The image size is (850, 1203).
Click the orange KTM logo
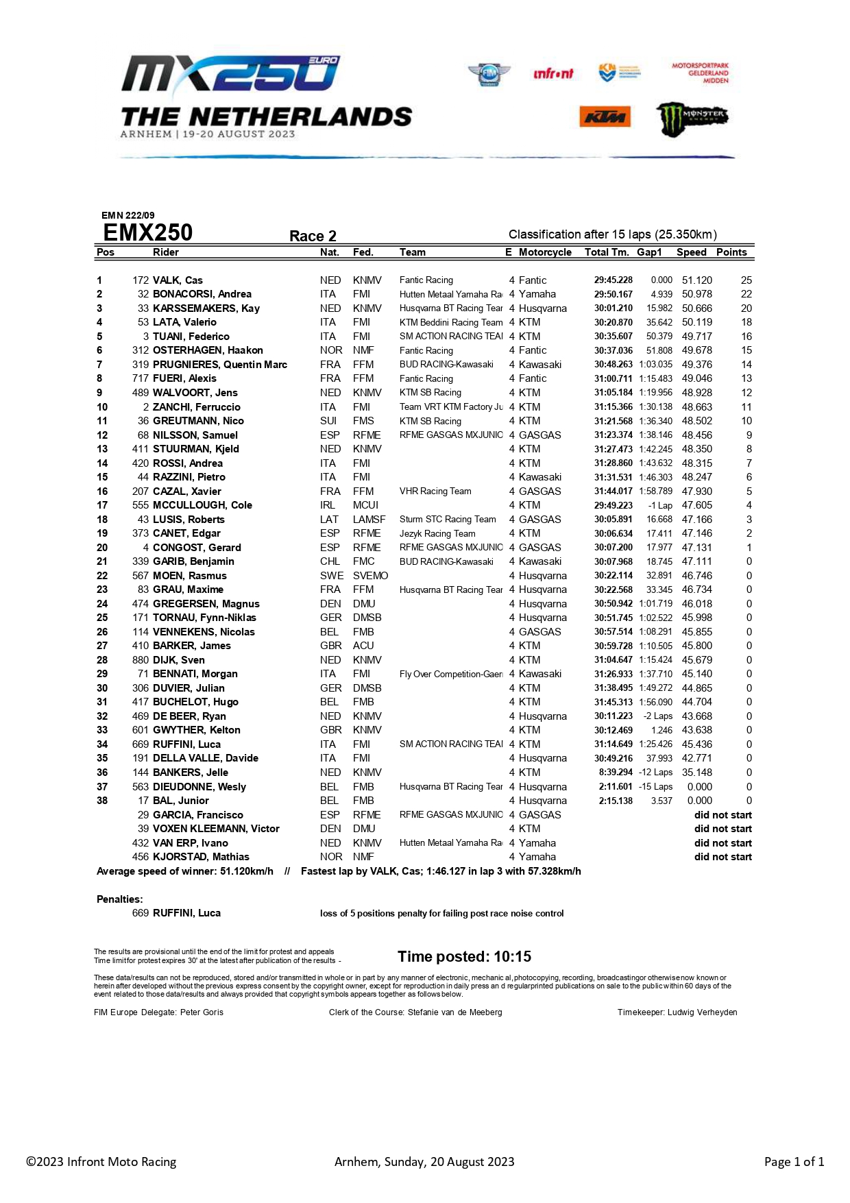tap(605, 117)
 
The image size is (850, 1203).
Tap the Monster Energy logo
tap(692, 118)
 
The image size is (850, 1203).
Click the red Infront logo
tap(552, 73)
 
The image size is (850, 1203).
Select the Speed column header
tap(691, 252)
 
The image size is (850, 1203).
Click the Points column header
tap(731, 252)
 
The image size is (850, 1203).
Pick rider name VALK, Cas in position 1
tap(178, 280)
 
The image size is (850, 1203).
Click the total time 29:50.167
tap(613, 294)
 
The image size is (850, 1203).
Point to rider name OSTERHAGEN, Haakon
tap(208, 350)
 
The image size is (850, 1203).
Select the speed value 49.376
tap(696, 365)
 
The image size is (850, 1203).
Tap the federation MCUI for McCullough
tap(365, 505)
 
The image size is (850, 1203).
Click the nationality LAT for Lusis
tap(328, 520)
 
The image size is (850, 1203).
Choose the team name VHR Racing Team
tap(435, 491)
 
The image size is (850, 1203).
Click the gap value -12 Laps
tap(655, 773)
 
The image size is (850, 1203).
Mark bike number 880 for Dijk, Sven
tap(141, 660)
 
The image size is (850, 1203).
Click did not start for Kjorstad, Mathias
tap(722, 857)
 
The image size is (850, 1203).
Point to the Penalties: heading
tap(120, 899)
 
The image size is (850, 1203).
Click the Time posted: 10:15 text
tap(464, 957)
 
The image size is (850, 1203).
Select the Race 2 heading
tap(313, 236)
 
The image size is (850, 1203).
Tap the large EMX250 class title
tap(147, 233)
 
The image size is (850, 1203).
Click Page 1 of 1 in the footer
tap(794, 1162)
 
